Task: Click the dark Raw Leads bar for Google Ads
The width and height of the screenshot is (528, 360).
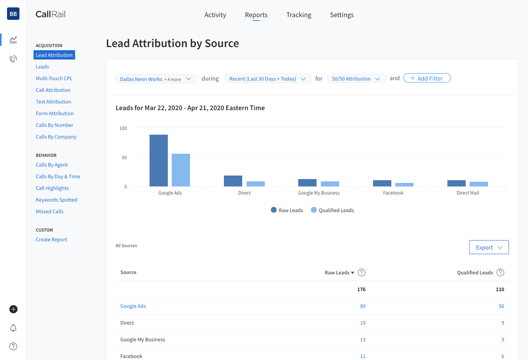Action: (158, 160)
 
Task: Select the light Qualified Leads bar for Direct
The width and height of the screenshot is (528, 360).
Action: (255, 184)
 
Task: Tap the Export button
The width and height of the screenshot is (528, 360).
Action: (489, 247)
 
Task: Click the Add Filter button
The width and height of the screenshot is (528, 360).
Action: (427, 78)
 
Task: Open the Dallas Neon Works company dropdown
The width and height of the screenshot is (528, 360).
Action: (156, 79)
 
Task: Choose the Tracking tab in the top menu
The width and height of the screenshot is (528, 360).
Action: (299, 15)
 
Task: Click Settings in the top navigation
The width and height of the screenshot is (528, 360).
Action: (341, 15)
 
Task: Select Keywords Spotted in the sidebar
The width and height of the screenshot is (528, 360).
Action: (56, 200)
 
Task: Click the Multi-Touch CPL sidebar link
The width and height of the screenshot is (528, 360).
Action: (54, 78)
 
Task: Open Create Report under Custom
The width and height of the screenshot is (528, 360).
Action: (51, 239)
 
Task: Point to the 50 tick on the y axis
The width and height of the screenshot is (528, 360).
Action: (124, 158)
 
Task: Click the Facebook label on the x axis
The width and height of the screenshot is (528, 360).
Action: (393, 193)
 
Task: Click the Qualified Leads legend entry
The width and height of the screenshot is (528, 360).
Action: (333, 210)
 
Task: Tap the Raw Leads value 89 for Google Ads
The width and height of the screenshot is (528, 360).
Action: (363, 306)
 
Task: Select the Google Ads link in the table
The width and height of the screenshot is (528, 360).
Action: (133, 306)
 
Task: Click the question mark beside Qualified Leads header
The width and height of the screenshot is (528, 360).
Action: (500, 272)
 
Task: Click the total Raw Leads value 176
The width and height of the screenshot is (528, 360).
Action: (361, 290)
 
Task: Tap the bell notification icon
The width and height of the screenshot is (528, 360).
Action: (13, 328)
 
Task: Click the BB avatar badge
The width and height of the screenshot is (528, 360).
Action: (13, 14)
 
